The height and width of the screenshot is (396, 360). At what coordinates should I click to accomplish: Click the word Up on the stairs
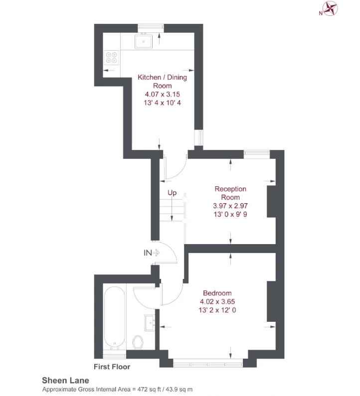[172, 193]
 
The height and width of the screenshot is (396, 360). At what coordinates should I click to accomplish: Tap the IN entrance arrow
[152, 253]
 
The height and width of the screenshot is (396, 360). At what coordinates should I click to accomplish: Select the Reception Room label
[230, 193]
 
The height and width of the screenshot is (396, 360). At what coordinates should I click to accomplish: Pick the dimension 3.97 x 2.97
[230, 206]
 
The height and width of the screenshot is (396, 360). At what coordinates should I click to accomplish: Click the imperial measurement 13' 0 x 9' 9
[230, 214]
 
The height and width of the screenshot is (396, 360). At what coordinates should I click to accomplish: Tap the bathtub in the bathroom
[115, 317]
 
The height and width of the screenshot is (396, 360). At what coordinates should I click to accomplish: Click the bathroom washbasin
[150, 323]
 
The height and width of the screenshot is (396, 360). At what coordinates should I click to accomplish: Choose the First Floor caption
[112, 367]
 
